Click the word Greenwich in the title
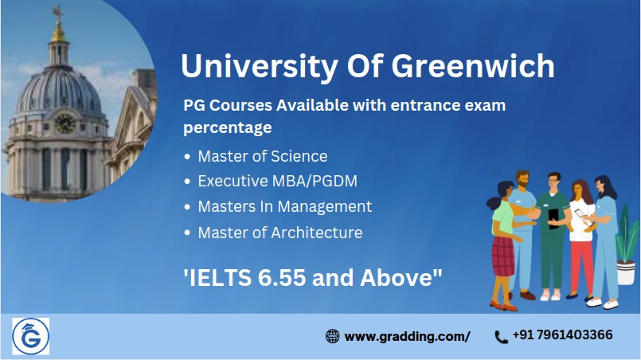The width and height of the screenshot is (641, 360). (473, 67)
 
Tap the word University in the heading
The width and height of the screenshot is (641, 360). (260, 67)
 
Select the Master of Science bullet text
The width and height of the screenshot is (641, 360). (263, 156)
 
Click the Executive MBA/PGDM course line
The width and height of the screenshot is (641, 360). (278, 181)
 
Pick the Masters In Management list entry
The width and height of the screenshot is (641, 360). (285, 206)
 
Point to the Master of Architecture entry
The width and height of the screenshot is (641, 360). (280, 233)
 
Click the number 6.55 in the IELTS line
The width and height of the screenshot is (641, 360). (282, 278)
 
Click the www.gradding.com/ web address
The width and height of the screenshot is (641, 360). (407, 337)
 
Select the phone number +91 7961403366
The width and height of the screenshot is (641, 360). (562, 335)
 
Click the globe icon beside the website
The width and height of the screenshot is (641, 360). (332, 336)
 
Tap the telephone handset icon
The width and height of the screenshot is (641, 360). (501, 337)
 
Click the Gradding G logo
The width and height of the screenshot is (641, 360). (31, 336)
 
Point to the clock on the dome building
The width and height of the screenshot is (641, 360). (64, 123)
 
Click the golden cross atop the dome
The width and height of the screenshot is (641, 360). (57, 13)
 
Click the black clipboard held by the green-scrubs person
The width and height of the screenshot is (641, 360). (553, 219)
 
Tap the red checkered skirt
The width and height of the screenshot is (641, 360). (502, 256)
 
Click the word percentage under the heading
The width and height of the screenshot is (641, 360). (227, 128)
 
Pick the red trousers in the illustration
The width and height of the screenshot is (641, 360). (581, 267)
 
